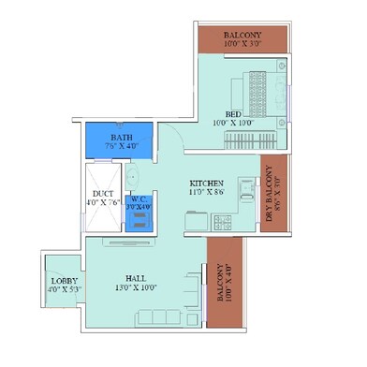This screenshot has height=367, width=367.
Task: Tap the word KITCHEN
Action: [x=207, y=182]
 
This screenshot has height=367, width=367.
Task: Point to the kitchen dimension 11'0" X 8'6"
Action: [x=207, y=192]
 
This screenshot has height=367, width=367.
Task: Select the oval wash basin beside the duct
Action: [x=132, y=176]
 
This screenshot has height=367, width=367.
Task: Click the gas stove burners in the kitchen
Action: [x=225, y=223]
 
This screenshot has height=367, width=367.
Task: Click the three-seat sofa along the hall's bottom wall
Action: [x=169, y=317]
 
